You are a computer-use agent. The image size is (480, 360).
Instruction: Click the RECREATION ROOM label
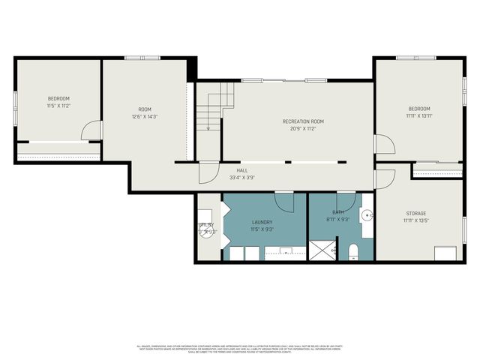[303, 121]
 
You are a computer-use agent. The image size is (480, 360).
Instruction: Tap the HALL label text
[242, 170]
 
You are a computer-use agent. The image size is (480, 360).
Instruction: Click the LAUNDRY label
[262, 222]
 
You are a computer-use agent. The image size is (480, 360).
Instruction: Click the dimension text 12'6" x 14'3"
[144, 116]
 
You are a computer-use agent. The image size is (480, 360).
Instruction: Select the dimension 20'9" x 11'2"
[303, 129]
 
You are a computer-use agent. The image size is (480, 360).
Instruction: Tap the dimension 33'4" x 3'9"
[242, 178]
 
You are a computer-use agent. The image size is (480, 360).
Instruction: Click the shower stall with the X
[323, 250]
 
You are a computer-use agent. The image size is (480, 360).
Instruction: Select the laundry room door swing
[284, 201]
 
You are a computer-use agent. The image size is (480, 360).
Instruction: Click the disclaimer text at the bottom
[240, 349]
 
